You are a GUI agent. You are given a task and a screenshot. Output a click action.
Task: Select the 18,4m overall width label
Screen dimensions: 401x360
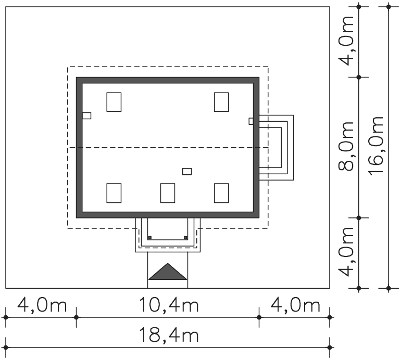(x=169, y=335)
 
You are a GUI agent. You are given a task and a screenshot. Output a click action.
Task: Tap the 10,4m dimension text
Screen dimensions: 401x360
(x=169, y=305)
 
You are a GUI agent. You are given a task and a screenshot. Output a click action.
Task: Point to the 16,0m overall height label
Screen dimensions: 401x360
(x=376, y=146)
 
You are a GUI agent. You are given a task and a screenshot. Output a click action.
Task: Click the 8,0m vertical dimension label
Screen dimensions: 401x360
(x=346, y=146)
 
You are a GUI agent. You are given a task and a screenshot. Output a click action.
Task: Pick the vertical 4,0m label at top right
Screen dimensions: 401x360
(x=346, y=41)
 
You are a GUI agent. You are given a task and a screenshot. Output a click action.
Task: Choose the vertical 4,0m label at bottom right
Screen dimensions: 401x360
(x=346, y=252)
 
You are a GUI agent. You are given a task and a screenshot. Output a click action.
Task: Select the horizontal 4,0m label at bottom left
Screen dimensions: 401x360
(x=42, y=305)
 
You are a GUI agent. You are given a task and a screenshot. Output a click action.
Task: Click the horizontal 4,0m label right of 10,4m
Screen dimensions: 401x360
(x=295, y=305)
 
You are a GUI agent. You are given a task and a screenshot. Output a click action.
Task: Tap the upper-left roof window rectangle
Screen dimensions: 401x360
(x=114, y=102)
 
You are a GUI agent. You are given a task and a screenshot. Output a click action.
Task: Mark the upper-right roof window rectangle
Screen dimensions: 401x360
(x=221, y=102)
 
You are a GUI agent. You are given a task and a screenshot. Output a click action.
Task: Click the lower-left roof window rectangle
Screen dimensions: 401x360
(x=114, y=193)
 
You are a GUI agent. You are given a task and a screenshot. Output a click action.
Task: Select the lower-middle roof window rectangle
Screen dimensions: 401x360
(x=168, y=193)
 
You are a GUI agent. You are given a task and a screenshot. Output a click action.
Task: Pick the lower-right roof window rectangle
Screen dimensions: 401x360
(x=221, y=193)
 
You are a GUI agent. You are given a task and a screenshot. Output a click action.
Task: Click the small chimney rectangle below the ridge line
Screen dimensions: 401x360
(x=187, y=172)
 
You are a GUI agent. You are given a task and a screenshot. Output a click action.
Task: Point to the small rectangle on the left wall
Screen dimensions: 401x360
(x=86, y=115)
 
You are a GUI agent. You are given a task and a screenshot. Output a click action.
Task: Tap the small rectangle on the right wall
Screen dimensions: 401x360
(x=251, y=121)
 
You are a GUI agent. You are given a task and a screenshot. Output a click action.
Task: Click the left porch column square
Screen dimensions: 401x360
(x=150, y=238)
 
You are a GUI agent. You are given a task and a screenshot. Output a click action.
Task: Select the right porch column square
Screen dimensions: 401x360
(x=186, y=238)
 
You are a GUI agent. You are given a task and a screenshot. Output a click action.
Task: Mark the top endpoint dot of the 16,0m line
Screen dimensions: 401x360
(x=389, y=7)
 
